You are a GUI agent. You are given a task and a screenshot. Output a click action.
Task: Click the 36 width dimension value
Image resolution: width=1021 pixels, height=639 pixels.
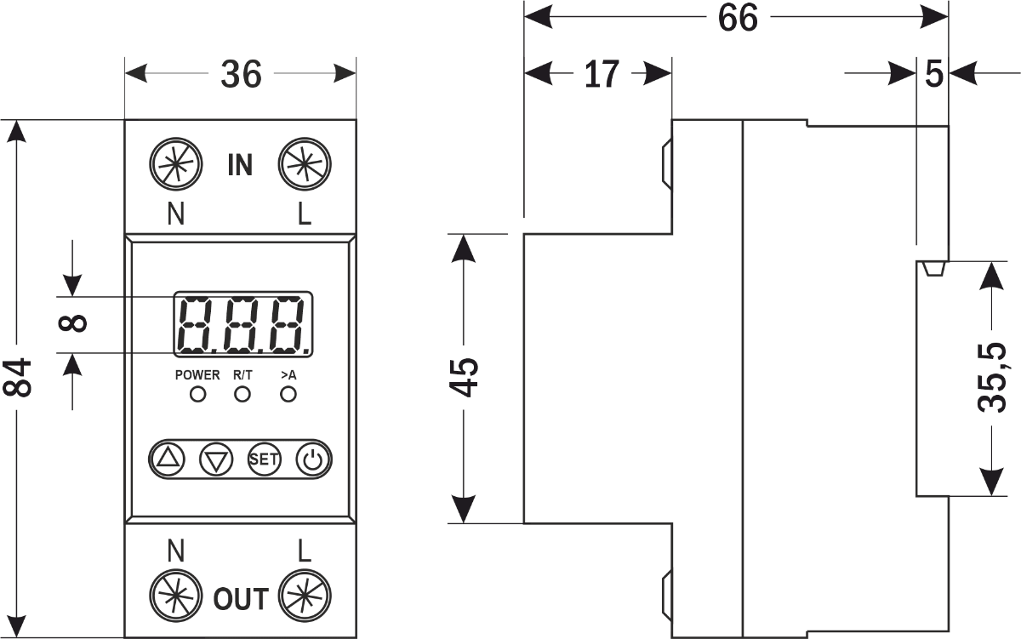(241, 75)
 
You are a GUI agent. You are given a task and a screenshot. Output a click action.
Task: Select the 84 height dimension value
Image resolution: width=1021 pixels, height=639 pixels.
(19, 377)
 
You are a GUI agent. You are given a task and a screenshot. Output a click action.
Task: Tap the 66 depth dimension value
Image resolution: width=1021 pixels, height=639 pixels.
(737, 18)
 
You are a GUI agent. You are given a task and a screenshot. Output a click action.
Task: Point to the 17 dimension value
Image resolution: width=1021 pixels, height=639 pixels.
(601, 75)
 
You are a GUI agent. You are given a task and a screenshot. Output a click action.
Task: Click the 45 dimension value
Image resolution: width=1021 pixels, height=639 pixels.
(464, 377)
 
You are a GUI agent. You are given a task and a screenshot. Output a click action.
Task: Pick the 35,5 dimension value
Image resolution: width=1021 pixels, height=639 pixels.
(992, 377)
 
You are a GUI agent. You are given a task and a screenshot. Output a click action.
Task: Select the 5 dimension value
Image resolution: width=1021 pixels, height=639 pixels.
(934, 75)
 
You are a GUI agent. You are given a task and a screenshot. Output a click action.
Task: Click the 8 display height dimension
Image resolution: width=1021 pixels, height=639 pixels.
(75, 323)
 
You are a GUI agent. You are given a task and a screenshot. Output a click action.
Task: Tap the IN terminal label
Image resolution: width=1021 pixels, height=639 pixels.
(240, 165)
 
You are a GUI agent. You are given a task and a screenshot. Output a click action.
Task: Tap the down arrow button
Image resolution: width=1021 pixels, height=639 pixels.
(216, 459)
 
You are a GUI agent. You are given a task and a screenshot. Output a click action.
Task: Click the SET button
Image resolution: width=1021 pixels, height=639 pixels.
(264, 459)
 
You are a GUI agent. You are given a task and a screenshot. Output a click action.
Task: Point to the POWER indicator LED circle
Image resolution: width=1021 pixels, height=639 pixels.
(197, 395)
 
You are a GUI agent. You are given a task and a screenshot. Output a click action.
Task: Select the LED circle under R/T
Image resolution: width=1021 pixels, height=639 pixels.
(242, 395)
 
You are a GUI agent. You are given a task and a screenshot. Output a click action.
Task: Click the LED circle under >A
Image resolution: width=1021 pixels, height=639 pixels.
(288, 395)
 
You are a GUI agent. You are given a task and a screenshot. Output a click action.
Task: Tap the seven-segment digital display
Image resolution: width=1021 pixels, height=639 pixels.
(243, 323)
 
